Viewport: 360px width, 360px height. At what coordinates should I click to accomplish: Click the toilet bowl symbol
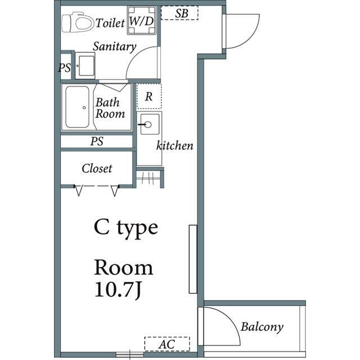pos(78,22)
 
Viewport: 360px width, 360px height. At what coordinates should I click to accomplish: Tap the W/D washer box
pos(142,20)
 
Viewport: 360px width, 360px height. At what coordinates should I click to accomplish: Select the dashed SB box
pos(179,13)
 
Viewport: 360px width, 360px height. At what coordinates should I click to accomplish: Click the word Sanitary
pos(114,47)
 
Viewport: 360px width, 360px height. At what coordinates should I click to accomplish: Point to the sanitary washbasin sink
pos(85,66)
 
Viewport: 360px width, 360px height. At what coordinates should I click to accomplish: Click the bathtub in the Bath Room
pos(77,107)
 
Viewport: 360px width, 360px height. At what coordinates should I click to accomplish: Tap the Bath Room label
pos(110,108)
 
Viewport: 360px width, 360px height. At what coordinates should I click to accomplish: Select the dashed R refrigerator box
pos(149,96)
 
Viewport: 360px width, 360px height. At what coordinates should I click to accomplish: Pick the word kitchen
pos(175,146)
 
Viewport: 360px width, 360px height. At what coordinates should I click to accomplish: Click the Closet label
pos(97,169)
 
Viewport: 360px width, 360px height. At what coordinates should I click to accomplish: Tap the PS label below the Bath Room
pos(97,141)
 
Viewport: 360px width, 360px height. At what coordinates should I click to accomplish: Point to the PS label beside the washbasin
pos(65,68)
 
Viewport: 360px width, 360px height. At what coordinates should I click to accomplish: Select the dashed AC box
pos(167,344)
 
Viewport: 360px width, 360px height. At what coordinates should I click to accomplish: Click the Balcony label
pos(262,327)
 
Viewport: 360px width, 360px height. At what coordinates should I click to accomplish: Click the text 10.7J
pos(118,290)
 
